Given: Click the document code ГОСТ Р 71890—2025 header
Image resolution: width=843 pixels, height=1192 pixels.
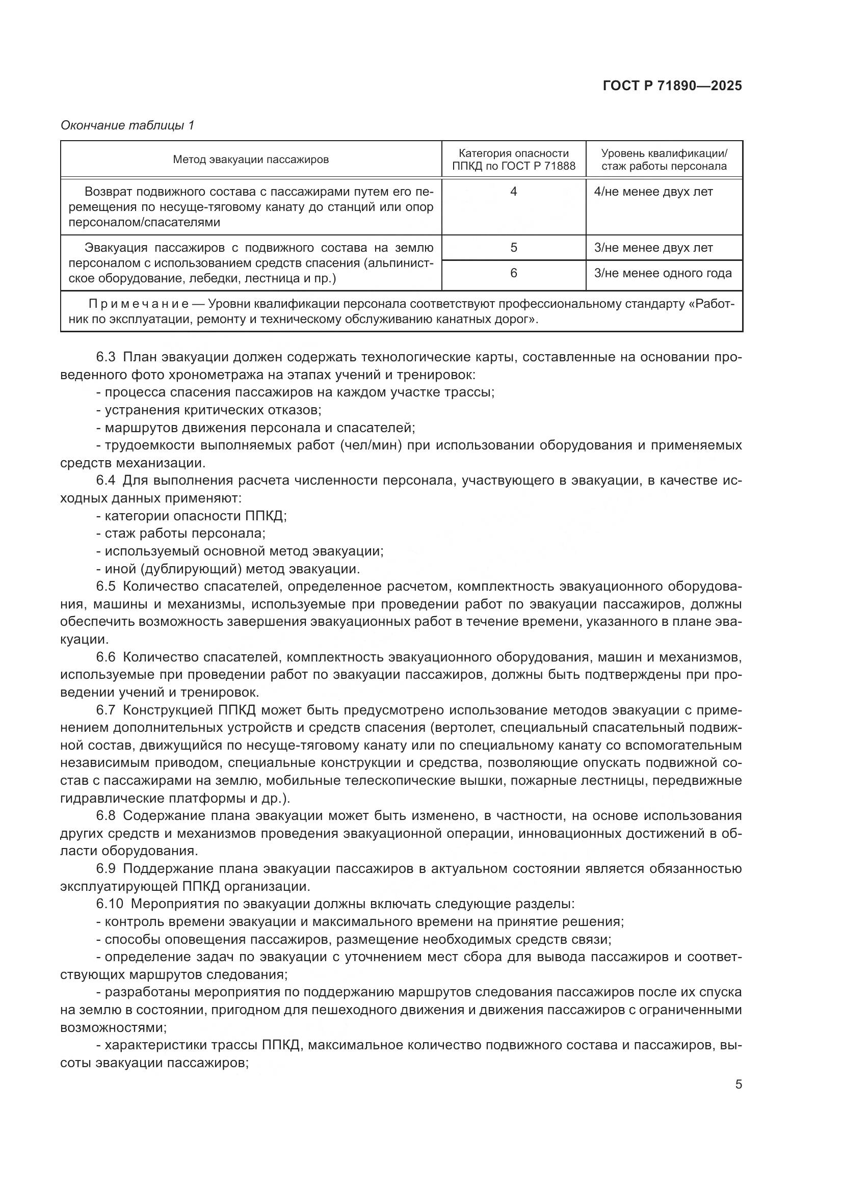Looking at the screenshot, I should coord(672,86).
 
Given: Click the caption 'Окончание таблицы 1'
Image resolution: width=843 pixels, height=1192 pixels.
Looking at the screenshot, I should coord(127,125).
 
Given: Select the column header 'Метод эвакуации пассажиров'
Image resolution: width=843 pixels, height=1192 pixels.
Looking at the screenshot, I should coord(251,160).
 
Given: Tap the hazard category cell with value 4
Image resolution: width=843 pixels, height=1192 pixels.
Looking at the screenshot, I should coord(513,192).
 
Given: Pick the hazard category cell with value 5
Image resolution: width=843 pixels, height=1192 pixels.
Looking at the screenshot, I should coord(513,248).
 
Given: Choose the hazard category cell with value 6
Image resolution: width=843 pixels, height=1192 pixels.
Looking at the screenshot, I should coord(513,273).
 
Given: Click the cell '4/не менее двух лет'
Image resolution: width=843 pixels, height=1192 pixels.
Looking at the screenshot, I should coord(653,192).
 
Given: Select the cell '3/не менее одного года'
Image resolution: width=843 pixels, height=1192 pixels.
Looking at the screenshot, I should coord(663,273).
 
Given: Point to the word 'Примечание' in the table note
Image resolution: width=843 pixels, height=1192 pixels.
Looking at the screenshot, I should coord(139,304).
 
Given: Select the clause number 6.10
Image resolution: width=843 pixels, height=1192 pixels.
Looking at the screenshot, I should coord(110,904).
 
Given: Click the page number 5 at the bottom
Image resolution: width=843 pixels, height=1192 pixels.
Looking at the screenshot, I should coord(738,1084).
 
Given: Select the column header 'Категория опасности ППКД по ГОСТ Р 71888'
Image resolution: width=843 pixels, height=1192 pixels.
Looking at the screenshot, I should coord(513,160).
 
